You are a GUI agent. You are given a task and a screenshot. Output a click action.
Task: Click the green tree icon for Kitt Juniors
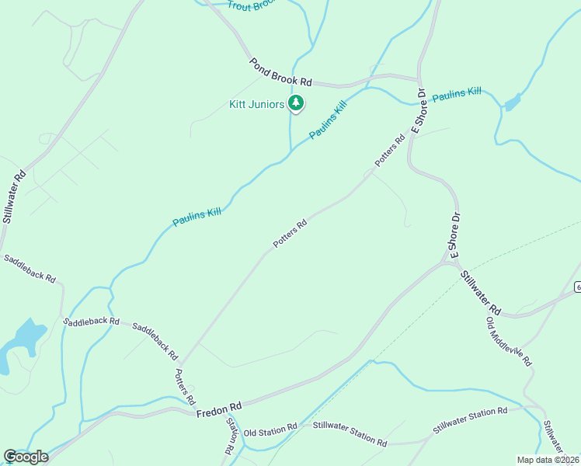pos(295,103)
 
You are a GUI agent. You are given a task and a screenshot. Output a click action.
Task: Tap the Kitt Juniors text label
pos(256,104)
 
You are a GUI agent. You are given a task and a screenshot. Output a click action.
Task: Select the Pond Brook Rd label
pos(280,71)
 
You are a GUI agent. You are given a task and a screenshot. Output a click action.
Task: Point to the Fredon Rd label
pos(219,409)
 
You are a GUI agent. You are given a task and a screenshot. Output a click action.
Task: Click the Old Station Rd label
pos(270,429)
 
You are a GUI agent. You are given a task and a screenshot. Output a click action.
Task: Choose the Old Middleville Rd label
pos(508,342)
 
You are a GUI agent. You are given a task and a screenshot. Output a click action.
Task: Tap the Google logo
pos(26,457)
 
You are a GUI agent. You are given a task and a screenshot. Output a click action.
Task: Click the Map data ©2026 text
pos(547,460)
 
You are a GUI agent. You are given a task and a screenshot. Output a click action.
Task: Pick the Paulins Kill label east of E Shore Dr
pos(457,95)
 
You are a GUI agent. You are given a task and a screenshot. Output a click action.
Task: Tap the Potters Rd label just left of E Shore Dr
pos(390,151)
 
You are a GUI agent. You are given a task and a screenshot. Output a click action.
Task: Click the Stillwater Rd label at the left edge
pos(14,196)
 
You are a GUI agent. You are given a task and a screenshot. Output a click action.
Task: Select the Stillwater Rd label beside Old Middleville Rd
pos(482,293)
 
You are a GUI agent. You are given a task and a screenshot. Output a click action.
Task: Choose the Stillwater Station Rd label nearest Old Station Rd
pos(350,433)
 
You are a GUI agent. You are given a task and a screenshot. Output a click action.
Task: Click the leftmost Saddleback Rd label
pos(29,267)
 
